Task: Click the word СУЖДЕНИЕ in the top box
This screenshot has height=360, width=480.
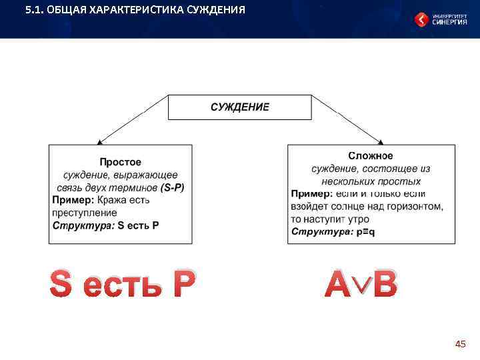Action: point(240,107)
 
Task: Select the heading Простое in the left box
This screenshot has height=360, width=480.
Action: point(120,162)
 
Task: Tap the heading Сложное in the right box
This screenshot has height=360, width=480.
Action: point(371,156)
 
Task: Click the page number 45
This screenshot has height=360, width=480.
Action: point(460,344)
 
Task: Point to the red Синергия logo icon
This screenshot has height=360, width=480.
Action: point(422,20)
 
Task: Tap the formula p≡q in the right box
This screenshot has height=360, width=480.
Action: point(363,231)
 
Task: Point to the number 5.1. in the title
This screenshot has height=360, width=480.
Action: point(34,10)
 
